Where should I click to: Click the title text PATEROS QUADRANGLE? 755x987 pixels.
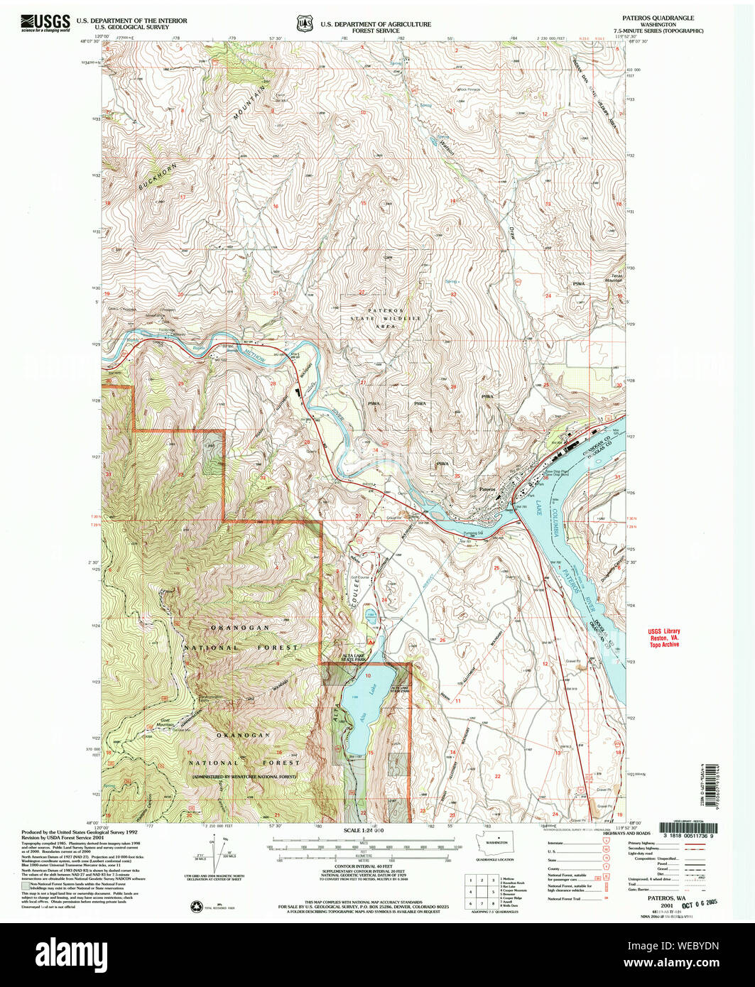[660, 16]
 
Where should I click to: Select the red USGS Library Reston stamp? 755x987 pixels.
[663, 638]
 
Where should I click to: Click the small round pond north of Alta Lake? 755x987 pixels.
[369, 614]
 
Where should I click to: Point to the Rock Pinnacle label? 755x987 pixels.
[470, 89]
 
